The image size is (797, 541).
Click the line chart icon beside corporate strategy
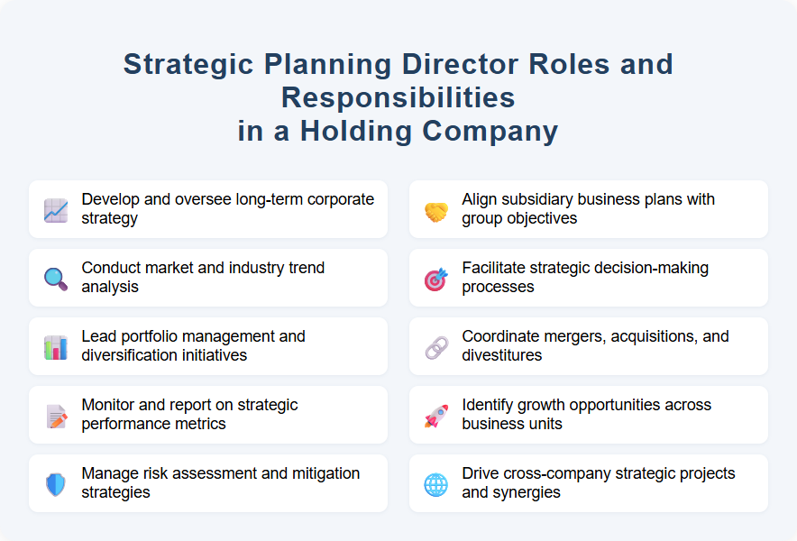pos(56,210)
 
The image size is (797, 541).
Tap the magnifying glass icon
pos(56,279)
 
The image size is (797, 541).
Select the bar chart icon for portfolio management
pos(56,347)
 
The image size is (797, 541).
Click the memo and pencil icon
pos(56,416)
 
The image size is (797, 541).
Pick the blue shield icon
pos(56,484)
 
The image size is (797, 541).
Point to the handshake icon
pos(436,210)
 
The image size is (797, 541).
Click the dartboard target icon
pos(436,279)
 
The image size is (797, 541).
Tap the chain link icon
pos(436,347)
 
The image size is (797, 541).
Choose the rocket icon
pos(436,416)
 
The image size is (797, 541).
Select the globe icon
pos(436,484)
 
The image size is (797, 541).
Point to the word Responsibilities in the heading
pos(398,97)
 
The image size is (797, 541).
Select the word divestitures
pos(502,355)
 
